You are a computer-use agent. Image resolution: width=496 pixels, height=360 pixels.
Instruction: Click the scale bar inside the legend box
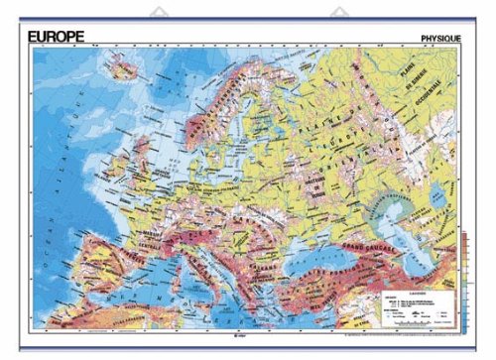(417, 319)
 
